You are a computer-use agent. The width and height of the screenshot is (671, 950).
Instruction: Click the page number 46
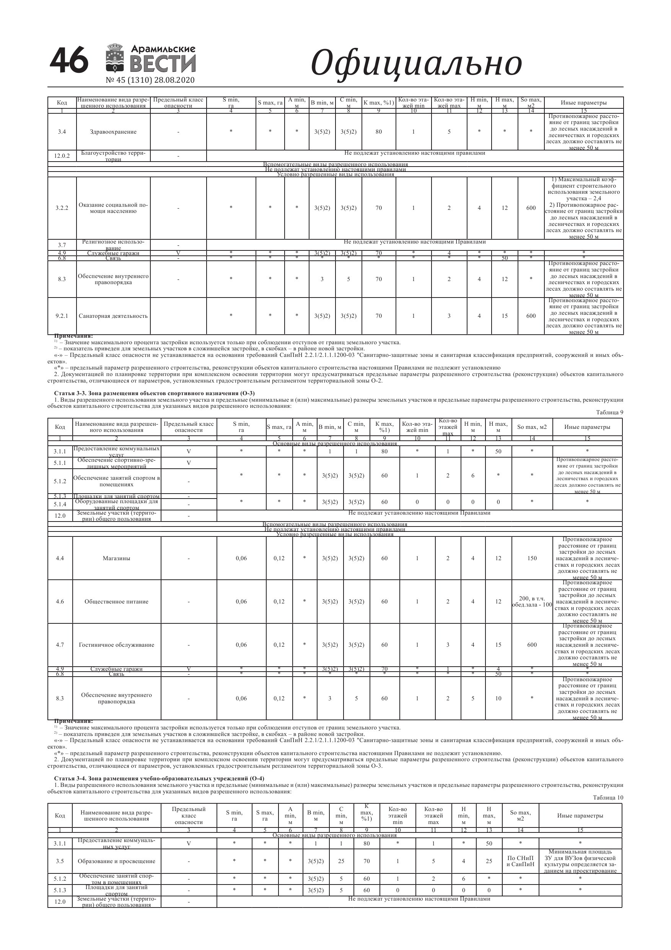point(68,61)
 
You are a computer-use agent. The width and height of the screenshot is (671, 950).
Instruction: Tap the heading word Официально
point(416,63)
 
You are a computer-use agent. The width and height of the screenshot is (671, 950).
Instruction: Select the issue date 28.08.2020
point(174,80)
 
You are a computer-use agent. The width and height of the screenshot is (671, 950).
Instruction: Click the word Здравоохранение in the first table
point(113,132)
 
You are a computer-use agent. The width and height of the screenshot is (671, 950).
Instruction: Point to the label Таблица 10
point(608,798)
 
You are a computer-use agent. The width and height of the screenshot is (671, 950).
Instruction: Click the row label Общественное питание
point(116,602)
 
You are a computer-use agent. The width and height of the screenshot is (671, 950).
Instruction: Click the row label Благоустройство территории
point(113,156)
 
